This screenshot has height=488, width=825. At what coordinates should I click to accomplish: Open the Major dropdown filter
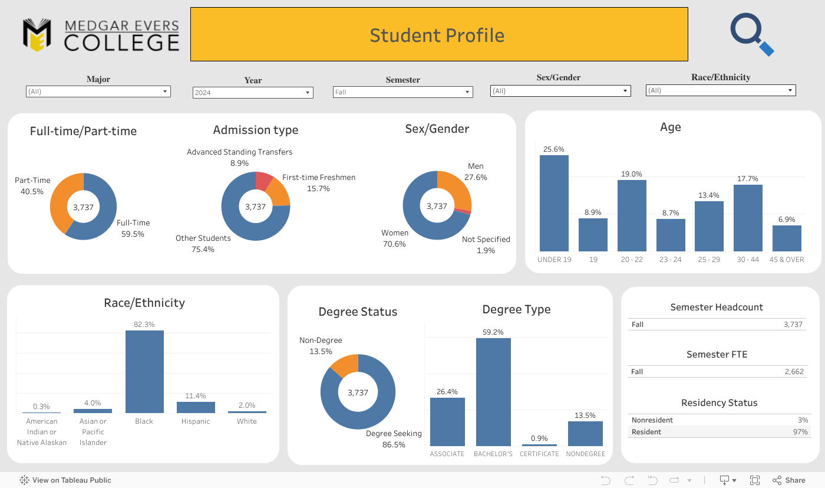pos(98,91)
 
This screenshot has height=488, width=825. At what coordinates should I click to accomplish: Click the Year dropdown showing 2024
pos(253,93)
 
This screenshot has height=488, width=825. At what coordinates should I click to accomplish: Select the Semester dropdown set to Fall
pos(402,92)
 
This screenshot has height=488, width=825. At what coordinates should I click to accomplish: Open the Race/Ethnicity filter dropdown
pos(721,90)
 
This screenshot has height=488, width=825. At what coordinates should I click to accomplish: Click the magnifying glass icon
pos(751,34)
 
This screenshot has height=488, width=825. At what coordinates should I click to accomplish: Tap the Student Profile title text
pos(437,35)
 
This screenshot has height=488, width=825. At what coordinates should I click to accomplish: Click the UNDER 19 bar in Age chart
pos(554,203)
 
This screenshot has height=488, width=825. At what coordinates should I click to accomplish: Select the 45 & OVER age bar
pos(787,238)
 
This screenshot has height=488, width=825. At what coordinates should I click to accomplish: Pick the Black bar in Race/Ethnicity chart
pos(144,371)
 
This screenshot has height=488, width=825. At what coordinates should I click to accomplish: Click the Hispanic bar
pos(196,407)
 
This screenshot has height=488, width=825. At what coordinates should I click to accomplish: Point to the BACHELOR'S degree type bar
pos(493,392)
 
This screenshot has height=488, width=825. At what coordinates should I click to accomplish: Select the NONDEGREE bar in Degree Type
pos(585,433)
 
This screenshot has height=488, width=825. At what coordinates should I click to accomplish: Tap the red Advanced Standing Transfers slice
pos(263,180)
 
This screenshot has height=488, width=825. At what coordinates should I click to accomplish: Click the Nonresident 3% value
pos(803,420)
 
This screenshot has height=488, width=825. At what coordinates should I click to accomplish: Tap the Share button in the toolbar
pos(789,480)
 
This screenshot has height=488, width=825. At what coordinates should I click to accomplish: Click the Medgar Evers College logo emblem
pos(37,35)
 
